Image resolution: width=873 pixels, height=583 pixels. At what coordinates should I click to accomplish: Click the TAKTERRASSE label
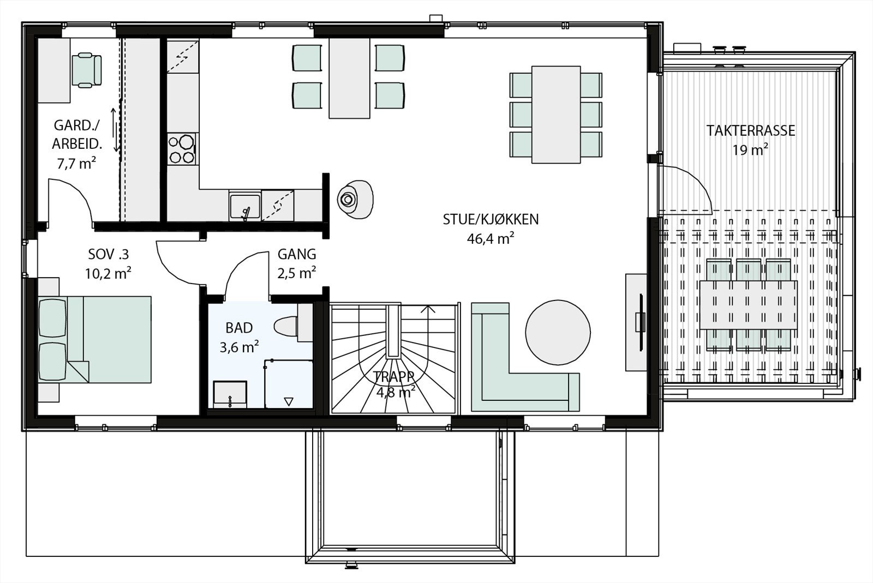pyautogui.click(x=750, y=131)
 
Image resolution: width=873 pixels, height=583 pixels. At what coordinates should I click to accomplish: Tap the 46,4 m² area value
pyautogui.click(x=491, y=238)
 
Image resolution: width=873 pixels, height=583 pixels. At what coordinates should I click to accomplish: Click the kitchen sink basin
pyautogui.click(x=244, y=206)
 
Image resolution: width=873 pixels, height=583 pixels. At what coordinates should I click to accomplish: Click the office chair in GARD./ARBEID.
pyautogui.click(x=87, y=70)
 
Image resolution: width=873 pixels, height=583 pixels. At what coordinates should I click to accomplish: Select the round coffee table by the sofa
pyautogui.click(x=557, y=332)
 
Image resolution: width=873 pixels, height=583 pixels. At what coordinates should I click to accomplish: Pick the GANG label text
pyautogui.click(x=296, y=254)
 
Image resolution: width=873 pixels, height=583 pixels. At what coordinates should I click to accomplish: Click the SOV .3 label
pyautogui.click(x=108, y=254)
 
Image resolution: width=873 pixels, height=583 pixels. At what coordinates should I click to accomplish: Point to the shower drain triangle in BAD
pyautogui.click(x=289, y=401)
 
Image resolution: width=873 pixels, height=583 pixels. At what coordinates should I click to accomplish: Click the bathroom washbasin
pyautogui.click(x=230, y=394)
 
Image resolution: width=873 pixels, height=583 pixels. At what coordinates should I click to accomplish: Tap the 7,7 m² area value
pyautogui.click(x=76, y=163)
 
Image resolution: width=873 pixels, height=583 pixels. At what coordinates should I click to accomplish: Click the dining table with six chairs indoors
pyautogui.click(x=555, y=114)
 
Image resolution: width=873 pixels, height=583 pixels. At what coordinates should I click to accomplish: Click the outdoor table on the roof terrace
pyautogui.click(x=748, y=305)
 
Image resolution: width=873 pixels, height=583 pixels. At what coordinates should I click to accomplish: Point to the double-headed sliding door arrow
pyautogui.click(x=115, y=130)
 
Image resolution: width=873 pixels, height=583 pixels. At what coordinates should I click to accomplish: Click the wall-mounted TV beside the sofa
pyautogui.click(x=641, y=321)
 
